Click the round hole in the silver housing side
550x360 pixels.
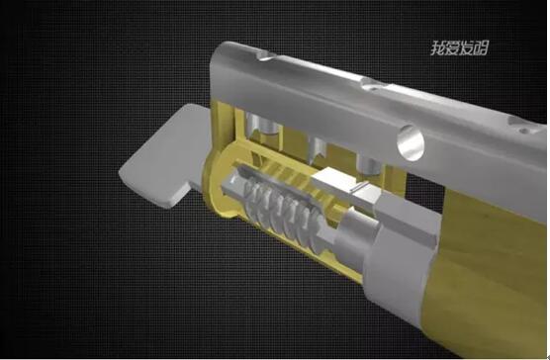411,143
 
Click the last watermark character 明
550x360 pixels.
481,48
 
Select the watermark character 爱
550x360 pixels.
452,48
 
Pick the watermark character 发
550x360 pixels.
467,48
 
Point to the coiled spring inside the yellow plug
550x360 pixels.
282,214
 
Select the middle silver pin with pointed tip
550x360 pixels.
319,150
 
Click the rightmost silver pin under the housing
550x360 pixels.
369,165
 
